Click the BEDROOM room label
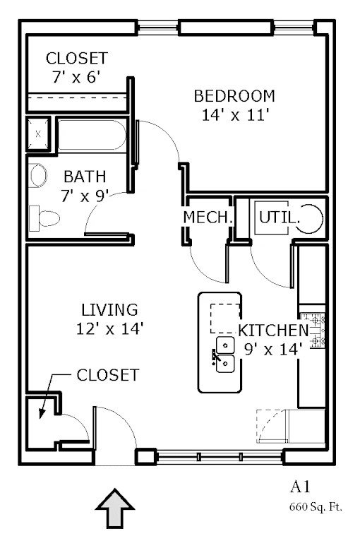(234, 96)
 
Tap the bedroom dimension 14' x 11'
(236, 115)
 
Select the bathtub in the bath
(92, 136)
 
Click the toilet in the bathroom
(44, 219)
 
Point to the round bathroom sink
(39, 176)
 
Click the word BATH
(85, 177)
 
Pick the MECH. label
(208, 217)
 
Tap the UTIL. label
(280, 218)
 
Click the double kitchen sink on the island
(225, 355)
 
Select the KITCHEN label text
(274, 331)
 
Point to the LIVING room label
(109, 310)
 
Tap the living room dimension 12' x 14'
(109, 328)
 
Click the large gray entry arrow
(115, 509)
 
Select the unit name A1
(300, 487)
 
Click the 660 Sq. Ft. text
(316, 508)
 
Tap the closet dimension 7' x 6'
(77, 77)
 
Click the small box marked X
(38, 134)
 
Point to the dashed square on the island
(225, 319)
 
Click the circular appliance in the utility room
(309, 219)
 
